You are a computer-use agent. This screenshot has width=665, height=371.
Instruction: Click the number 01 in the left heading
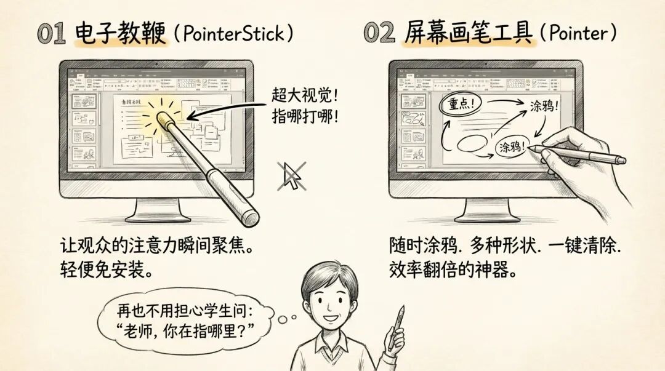[x=51, y=33]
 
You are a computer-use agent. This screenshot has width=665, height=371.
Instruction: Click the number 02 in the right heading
[x=379, y=33]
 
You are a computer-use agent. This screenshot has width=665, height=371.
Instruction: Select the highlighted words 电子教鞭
[x=121, y=33]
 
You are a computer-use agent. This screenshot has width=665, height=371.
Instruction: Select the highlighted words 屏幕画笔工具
[x=468, y=33]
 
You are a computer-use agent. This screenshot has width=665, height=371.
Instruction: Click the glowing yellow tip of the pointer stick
[x=166, y=120]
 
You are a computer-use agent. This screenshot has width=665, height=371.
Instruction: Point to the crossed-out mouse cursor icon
[x=291, y=176]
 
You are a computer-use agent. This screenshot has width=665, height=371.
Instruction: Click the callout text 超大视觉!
[x=305, y=96]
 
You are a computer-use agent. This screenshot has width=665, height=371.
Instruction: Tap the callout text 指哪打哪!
[x=305, y=117]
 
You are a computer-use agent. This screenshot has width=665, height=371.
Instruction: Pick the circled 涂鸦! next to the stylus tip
[x=512, y=147]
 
